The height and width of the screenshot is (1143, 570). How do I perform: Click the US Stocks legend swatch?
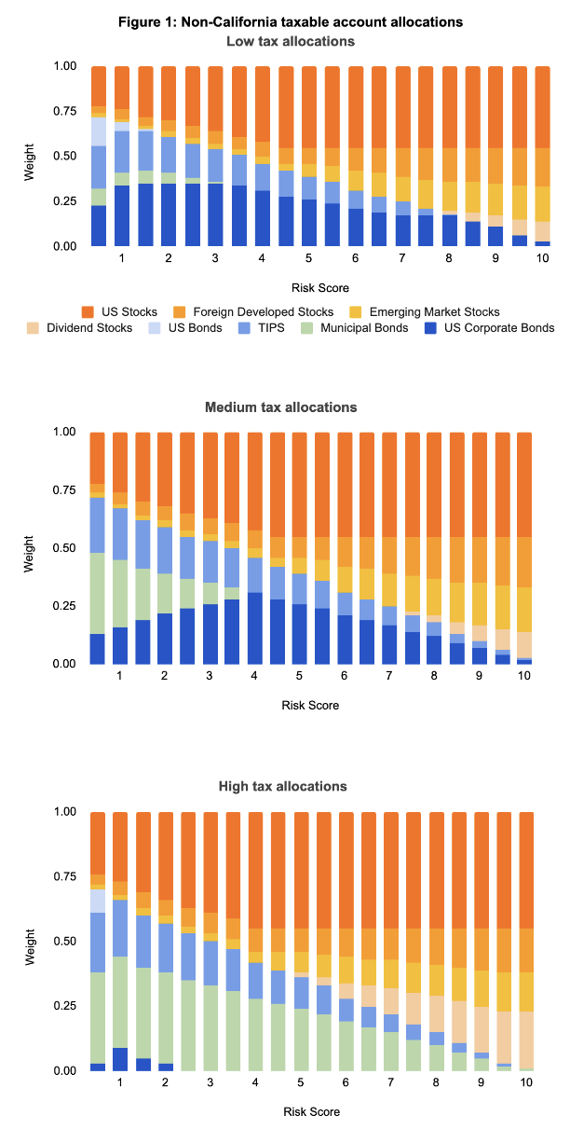[x=88, y=311]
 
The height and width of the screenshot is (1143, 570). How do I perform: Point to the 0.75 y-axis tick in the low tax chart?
[x=66, y=111]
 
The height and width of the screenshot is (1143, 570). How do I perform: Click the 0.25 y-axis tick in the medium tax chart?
[x=66, y=606]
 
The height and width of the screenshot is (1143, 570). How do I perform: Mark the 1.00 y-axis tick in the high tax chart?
[x=66, y=812]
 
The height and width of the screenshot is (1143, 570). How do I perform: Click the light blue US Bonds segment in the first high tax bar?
[x=98, y=902]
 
